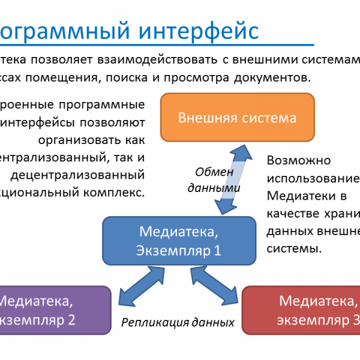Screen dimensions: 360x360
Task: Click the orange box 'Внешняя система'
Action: click(x=237, y=117)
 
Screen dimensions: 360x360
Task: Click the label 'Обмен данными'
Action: click(x=214, y=179)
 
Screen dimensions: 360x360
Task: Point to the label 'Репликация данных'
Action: click(x=178, y=322)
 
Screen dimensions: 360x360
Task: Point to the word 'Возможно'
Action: click(x=299, y=161)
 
